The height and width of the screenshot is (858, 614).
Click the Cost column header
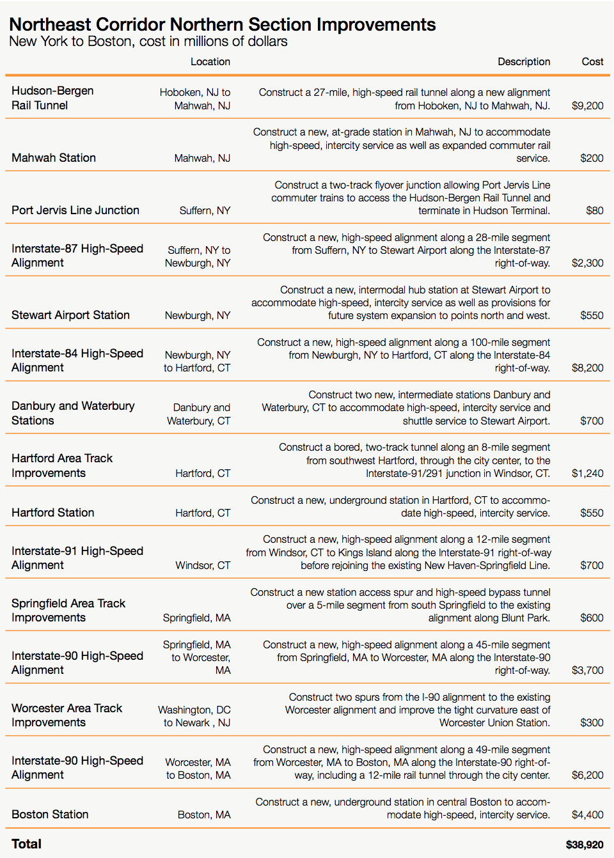pyautogui.click(x=592, y=62)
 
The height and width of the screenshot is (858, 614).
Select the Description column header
pyautogui.click(x=524, y=62)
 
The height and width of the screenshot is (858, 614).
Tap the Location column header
pyautogui.click(x=210, y=62)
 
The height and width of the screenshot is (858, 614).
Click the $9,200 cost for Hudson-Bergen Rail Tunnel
pyautogui.click(x=587, y=106)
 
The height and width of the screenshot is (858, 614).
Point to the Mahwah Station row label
pyautogui.click(x=54, y=158)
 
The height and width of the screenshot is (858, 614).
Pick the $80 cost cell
pyautogui.click(x=594, y=210)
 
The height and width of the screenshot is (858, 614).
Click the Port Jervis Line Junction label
pyautogui.click(x=75, y=210)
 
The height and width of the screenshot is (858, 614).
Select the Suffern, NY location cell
pyautogui.click(x=205, y=211)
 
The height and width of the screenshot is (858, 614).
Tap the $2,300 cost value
pyautogui.click(x=587, y=263)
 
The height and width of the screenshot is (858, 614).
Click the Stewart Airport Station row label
pyautogui.click(x=70, y=315)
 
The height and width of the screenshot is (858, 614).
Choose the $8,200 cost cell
pyautogui.click(x=587, y=368)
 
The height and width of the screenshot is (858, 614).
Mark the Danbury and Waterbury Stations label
pyautogui.click(x=73, y=413)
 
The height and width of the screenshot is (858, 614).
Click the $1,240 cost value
pyautogui.click(x=587, y=474)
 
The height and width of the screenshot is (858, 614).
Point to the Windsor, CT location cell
pyautogui.click(x=203, y=566)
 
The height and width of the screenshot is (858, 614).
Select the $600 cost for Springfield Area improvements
pyautogui.click(x=592, y=618)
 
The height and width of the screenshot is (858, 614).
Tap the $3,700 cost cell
pyautogui.click(x=587, y=671)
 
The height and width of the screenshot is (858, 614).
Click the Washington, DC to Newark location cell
pyautogui.click(x=194, y=716)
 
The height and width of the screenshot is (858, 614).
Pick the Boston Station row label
pyautogui.click(x=50, y=815)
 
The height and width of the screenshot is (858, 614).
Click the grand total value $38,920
pyautogui.click(x=584, y=845)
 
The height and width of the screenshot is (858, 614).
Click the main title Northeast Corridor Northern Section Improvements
pyautogui.click(x=223, y=25)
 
